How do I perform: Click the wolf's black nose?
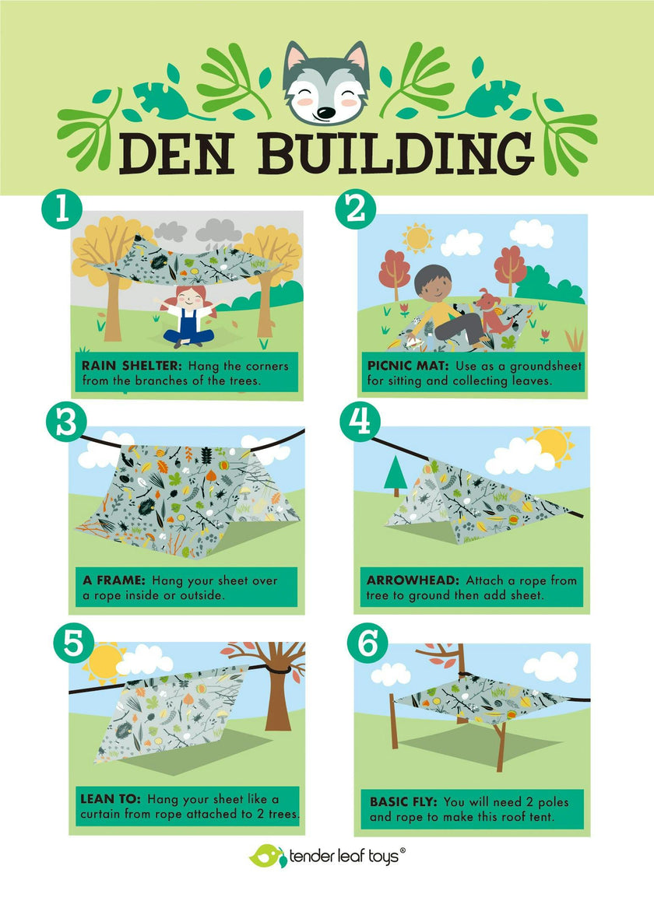pos(325,113)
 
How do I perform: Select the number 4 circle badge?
pos(360,422)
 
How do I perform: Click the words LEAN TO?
pos(111,799)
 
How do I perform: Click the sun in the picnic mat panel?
pos(417,238)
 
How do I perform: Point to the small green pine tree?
pos(396,477)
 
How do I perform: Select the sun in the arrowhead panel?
pos(553,446)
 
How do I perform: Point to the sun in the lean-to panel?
pos(104,662)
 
